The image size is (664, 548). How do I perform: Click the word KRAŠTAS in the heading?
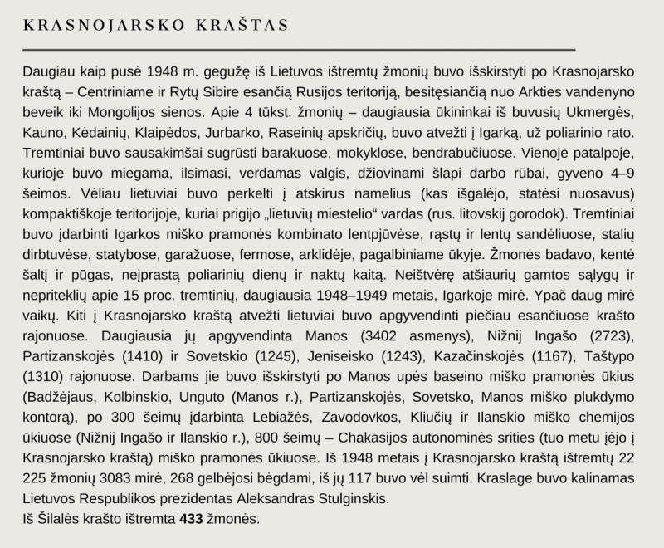[240, 25]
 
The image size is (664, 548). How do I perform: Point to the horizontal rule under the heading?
[299, 50]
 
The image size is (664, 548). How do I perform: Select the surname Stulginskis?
[345, 499]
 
